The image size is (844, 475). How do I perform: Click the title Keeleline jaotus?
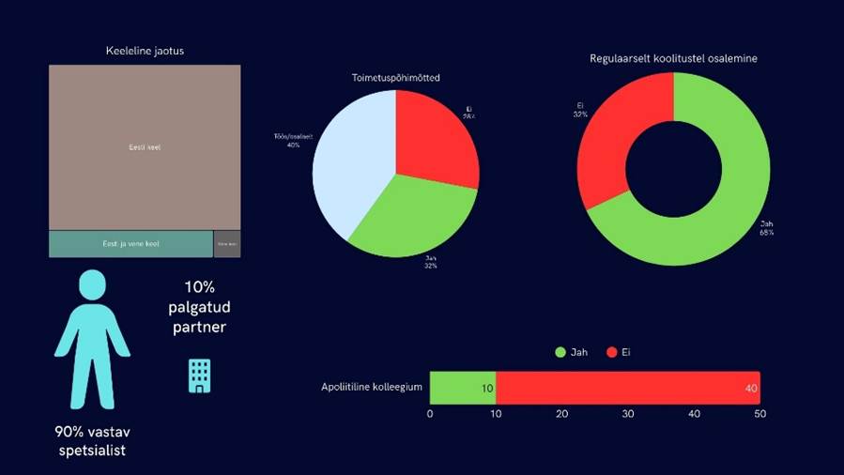tap(145, 51)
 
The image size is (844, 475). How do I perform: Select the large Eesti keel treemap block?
tap(145, 147)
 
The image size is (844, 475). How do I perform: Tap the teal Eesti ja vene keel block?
tap(130, 244)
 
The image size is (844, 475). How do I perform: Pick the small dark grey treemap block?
tap(227, 244)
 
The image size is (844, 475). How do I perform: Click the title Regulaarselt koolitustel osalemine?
tap(673, 58)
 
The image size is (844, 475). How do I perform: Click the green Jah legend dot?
tap(560, 352)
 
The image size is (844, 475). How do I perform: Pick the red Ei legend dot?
tap(612, 352)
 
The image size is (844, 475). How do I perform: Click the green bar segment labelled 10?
tap(463, 387)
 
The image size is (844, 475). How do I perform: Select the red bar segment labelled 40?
tap(627, 387)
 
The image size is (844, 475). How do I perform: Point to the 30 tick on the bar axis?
tap(628, 413)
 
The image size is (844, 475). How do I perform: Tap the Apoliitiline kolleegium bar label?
tap(372, 387)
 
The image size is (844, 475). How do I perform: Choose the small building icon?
tap(199, 375)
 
